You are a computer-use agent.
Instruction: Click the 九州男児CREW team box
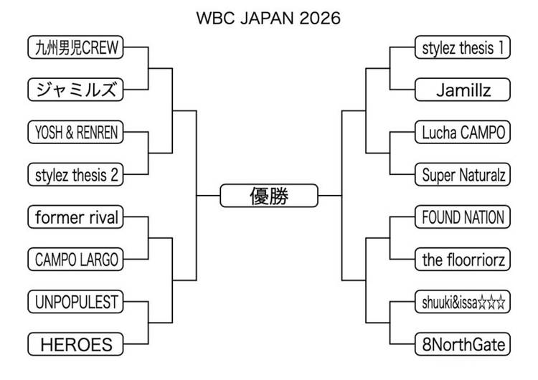point(75,47)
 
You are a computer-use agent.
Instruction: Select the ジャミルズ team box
point(75,90)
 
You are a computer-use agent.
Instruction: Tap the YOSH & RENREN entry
point(75,132)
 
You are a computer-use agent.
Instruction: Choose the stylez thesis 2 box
point(75,174)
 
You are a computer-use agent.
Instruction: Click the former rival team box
point(75,217)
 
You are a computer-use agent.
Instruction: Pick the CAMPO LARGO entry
point(75,260)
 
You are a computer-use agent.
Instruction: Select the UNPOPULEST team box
point(75,302)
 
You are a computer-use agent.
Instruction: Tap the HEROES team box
point(75,344)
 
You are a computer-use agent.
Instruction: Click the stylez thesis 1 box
point(463,47)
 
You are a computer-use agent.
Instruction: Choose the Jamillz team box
point(463,90)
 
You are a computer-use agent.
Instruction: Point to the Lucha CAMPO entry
point(463,132)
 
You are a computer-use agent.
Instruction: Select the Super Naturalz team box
point(463,174)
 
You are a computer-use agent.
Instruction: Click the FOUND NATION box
point(463,217)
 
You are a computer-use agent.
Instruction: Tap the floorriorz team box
point(463,260)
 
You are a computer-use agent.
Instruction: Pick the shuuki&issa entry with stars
point(463,302)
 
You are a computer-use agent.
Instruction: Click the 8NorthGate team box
point(463,344)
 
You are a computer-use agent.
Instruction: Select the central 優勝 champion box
point(269,196)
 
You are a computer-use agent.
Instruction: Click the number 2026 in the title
point(320,18)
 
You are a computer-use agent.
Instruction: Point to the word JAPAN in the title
point(267,18)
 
